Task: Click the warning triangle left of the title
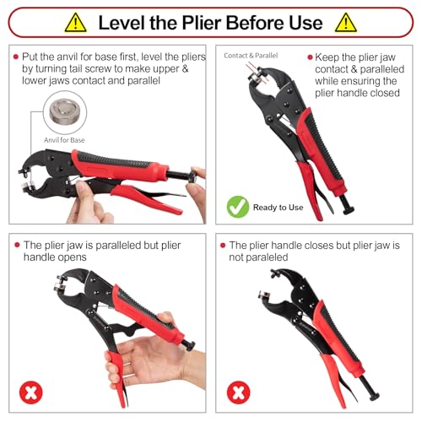tap(75, 23)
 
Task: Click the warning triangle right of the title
tap(346, 23)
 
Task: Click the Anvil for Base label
tap(64, 140)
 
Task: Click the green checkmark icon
tap(238, 207)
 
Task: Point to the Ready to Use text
tap(278, 208)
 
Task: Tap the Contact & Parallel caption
tap(251, 56)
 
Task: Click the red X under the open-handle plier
tap(31, 392)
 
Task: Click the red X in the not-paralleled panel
tap(239, 392)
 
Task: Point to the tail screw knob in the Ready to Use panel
tap(347, 206)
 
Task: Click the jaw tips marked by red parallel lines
tap(257, 74)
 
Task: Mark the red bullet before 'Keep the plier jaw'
tap(310, 57)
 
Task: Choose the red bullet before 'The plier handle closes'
tap(223, 246)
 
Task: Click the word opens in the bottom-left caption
tap(72, 257)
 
